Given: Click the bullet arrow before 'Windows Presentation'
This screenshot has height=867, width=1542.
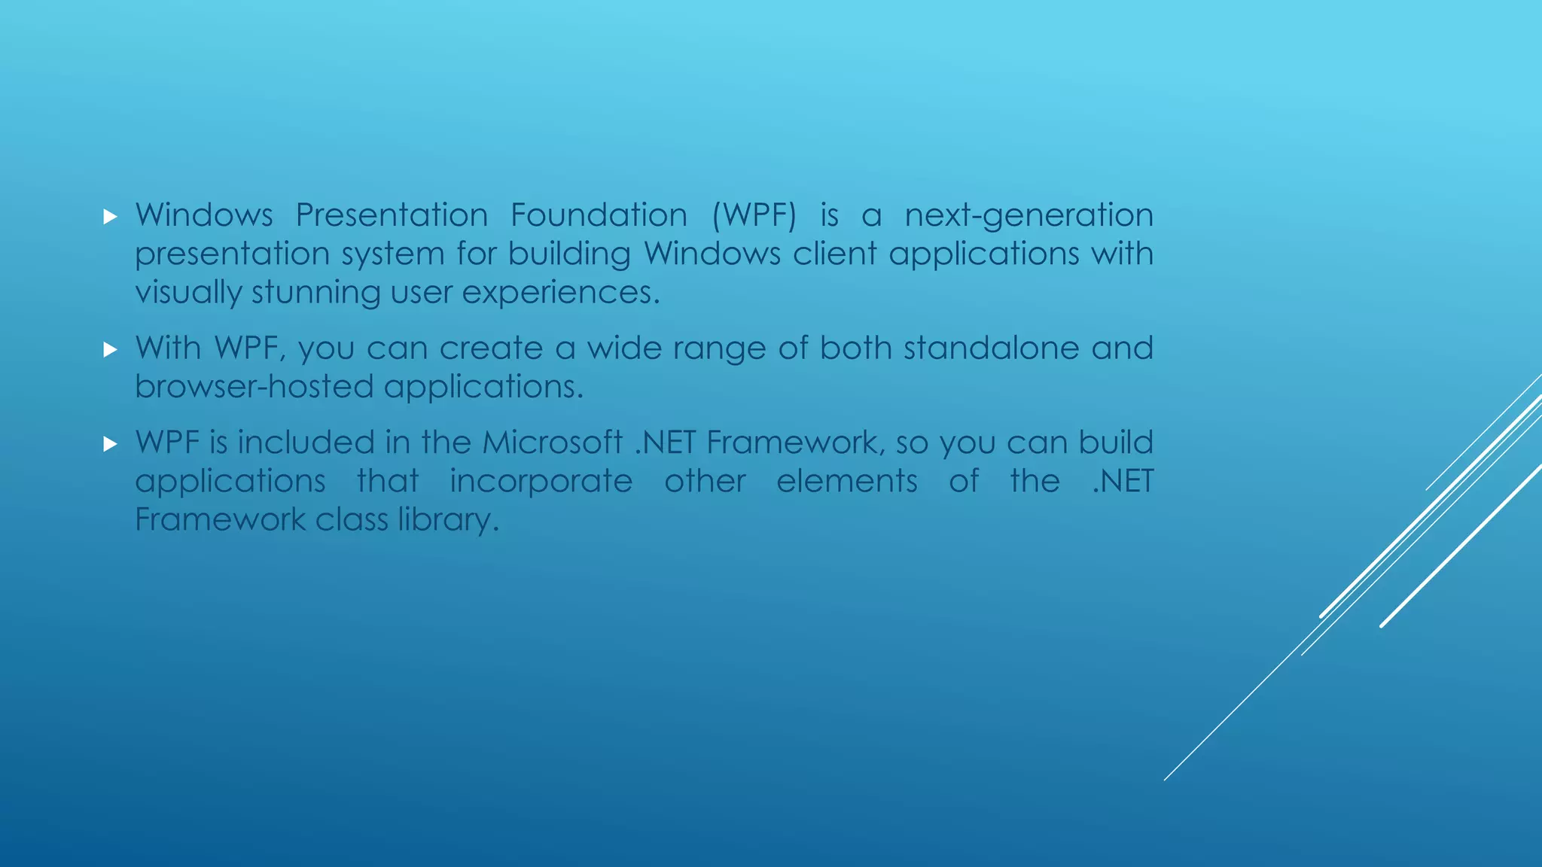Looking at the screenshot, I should tap(111, 218).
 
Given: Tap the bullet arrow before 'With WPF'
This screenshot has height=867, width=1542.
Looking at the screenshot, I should tap(111, 350).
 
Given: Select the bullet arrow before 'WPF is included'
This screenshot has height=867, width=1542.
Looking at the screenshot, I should tap(111, 445).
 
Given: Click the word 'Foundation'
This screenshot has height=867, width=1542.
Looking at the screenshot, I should tap(599, 216).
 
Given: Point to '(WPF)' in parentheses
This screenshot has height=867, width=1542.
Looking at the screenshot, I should tap(754, 216).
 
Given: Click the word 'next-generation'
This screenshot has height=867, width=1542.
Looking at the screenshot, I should tap(1029, 216).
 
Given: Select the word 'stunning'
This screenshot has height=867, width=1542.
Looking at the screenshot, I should tap(316, 293).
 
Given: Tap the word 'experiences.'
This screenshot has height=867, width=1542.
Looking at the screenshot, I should tap(561, 293).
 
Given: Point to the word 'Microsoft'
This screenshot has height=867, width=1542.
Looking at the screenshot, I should tap(552, 443).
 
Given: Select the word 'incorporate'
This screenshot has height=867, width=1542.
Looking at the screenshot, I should tap(541, 482).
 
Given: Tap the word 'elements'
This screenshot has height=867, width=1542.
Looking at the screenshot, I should tap(847, 482).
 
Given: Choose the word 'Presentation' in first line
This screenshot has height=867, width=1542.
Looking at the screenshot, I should tap(392, 216).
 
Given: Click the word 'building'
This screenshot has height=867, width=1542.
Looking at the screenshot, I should tap(569, 254).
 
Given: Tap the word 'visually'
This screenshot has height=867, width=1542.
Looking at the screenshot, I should tap(188, 293).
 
